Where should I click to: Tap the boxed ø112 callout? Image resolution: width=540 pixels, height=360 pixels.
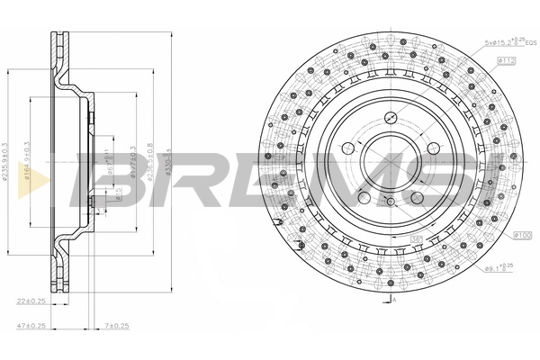tap(504, 61)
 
